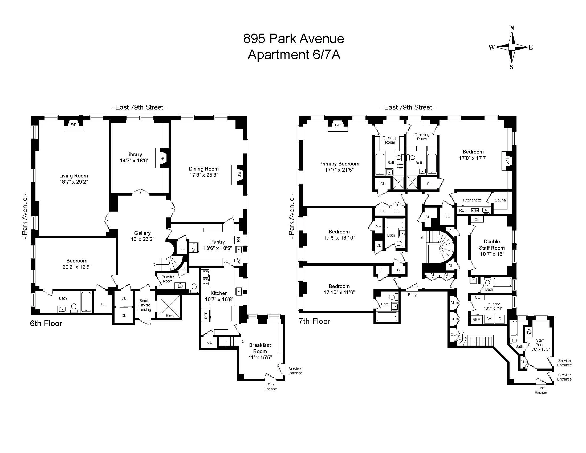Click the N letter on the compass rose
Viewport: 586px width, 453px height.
512,28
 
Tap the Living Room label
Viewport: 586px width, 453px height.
74,176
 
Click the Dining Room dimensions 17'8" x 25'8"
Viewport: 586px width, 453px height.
204,175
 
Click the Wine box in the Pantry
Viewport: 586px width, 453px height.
194,248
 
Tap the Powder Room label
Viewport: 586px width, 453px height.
168,279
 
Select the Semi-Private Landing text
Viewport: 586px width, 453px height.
144,305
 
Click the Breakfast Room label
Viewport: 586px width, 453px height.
260,348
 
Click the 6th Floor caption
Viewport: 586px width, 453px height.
46,323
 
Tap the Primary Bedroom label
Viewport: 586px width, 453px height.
339,164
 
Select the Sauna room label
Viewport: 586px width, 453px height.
500,200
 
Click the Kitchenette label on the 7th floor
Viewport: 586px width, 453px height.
472,200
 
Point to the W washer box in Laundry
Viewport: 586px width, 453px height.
489,319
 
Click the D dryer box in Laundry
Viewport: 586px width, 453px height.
500,319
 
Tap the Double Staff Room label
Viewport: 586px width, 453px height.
491,245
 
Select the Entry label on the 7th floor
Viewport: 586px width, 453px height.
412,295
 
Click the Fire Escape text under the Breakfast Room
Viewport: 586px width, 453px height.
270,387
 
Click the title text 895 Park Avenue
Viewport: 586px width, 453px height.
294,39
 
